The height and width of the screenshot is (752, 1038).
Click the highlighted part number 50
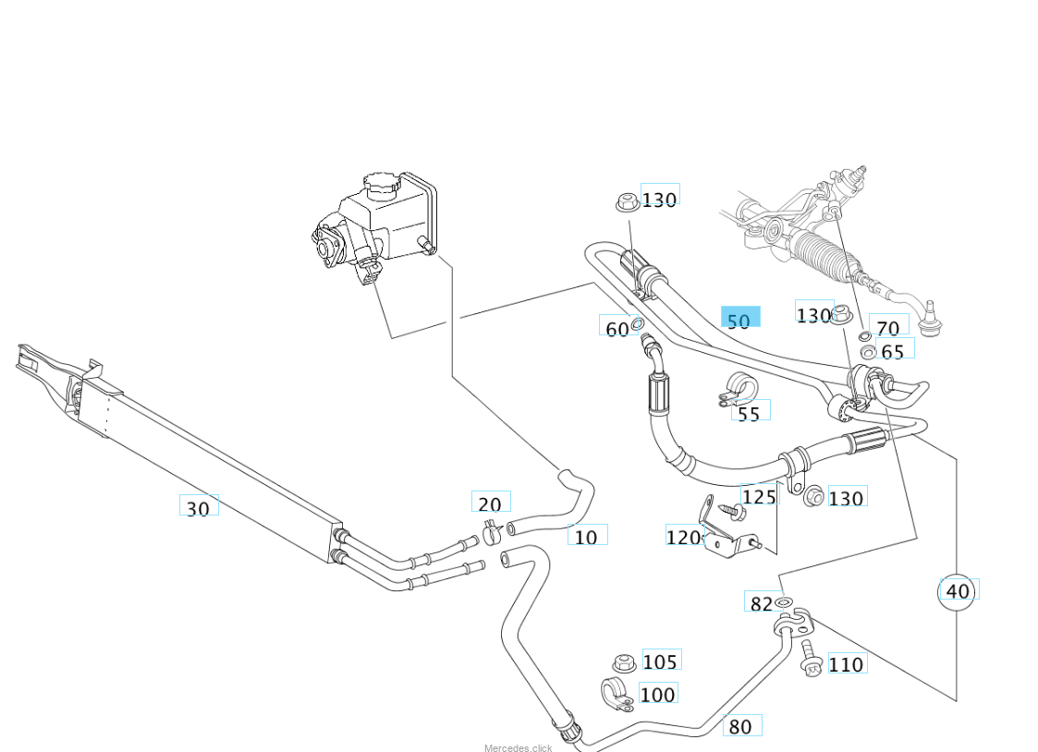[739, 320]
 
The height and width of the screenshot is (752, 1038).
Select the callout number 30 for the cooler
[199, 507]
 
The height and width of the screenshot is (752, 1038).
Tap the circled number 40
[959, 590]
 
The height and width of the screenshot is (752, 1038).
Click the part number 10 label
[587, 536]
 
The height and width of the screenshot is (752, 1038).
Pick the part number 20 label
[490, 503]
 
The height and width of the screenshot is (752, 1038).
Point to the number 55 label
[750, 413]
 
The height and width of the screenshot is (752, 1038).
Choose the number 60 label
[617, 327]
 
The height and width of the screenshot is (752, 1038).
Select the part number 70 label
[888, 327]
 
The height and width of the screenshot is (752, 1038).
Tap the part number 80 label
[741, 726]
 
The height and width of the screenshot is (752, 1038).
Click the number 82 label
[761, 603]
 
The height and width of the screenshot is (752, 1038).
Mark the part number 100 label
[658, 694]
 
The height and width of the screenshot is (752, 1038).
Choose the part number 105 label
[661, 661]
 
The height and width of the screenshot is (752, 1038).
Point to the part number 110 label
[847, 663]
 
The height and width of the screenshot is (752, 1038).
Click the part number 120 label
[683, 537]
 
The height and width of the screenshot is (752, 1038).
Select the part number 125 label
[759, 496]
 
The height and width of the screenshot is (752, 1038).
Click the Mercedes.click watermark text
[518, 746]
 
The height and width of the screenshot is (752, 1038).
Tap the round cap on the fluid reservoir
[379, 182]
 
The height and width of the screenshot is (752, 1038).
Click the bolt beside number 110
[812, 657]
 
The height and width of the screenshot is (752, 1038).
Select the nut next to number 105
[624, 662]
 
